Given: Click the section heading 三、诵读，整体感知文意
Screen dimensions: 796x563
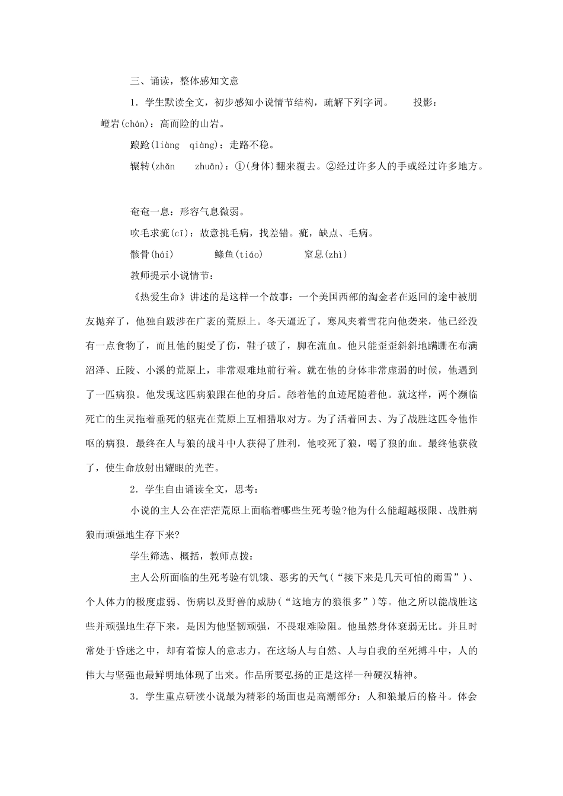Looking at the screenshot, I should (184, 82).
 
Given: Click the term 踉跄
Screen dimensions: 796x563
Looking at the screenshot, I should (140, 145).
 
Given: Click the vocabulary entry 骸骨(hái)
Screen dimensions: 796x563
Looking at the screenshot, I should (152, 255).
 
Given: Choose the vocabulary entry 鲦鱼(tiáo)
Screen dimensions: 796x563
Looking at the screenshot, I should (238, 255).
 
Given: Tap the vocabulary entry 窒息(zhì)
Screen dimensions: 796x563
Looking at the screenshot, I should (325, 255).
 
